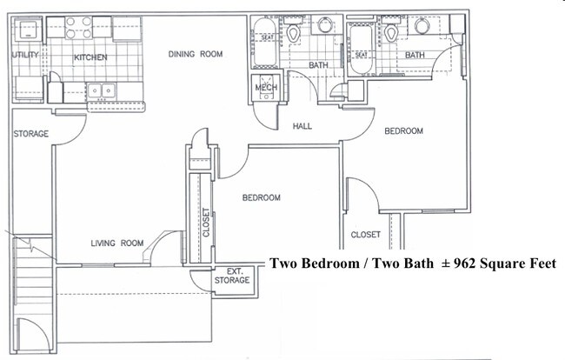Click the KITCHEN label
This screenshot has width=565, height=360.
point(90,57)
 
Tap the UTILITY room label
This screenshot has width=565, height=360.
point(25,56)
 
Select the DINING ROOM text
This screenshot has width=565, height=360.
point(196,54)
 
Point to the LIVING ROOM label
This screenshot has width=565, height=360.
point(116,243)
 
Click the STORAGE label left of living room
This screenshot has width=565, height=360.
point(30,134)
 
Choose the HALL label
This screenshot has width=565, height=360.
point(302,126)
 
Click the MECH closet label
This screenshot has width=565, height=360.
point(266,89)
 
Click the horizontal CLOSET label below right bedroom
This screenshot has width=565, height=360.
point(366,235)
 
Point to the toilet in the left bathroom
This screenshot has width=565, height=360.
point(295,34)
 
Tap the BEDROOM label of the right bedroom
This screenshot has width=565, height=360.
point(403,131)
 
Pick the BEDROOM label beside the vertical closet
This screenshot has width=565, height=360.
point(261,198)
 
